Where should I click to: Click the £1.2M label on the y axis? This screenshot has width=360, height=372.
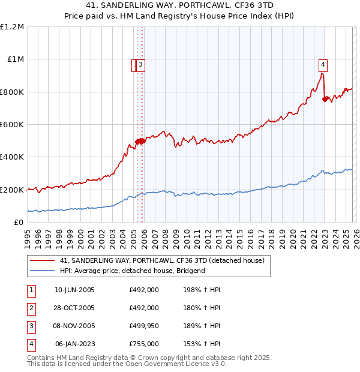click(x=13, y=27)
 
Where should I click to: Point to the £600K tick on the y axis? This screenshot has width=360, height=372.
click(x=13, y=125)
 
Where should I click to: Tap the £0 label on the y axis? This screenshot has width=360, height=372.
click(x=19, y=223)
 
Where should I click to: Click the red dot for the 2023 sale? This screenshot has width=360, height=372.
click(x=325, y=100)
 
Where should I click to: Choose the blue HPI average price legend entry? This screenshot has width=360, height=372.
click(x=132, y=271)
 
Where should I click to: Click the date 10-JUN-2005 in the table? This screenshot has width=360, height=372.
click(x=74, y=289)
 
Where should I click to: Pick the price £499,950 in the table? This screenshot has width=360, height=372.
click(x=144, y=326)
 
